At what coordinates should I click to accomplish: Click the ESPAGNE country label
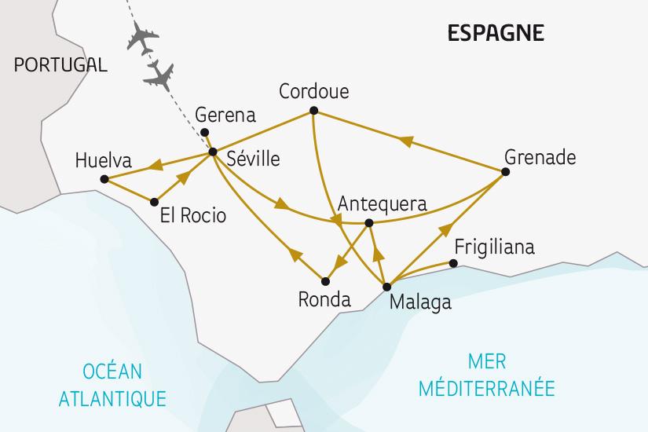495,33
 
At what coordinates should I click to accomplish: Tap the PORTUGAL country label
60,65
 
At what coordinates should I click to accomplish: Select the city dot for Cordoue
313,110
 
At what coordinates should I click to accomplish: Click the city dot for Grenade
505,171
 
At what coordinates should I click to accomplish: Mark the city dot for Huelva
104,180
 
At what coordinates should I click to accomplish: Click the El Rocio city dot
154,201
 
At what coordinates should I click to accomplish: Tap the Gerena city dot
204,132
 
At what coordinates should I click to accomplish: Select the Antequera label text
382,203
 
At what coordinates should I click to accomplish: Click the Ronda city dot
324,280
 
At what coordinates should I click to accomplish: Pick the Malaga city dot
386,287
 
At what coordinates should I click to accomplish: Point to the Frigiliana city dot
453,263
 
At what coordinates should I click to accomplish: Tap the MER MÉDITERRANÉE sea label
498,375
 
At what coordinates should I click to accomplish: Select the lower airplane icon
161,75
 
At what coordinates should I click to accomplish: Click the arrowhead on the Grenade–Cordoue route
405,141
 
